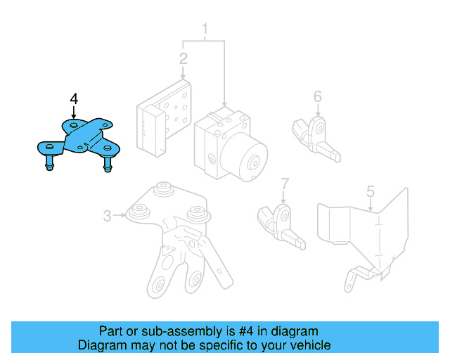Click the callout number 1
(205, 30)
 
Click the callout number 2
(183, 58)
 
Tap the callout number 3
(107, 216)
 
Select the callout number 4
(74, 99)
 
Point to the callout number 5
(371, 191)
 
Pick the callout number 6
(318, 96)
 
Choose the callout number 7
(284, 184)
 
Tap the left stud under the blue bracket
(51, 164)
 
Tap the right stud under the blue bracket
(108, 165)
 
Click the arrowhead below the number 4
(74, 115)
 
